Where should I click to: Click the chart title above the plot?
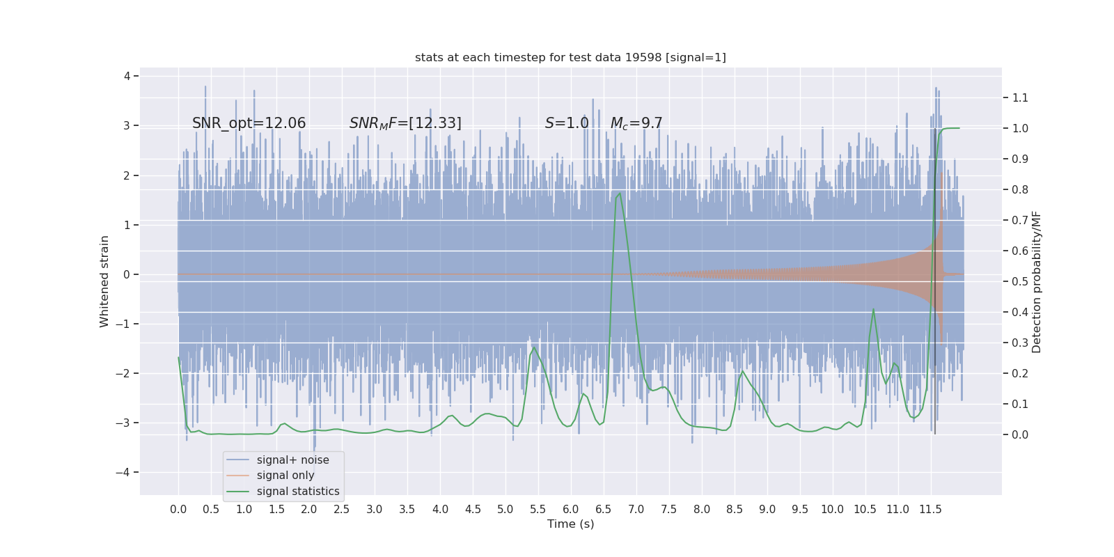point(570,58)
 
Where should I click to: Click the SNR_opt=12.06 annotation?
point(249,123)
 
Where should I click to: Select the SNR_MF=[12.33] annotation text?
point(405,123)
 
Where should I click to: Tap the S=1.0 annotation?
point(567,123)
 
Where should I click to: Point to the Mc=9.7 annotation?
point(636,123)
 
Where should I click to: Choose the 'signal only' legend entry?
point(285,476)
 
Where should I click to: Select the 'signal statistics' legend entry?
point(298,492)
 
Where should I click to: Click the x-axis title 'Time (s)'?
point(570,524)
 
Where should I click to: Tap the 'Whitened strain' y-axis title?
point(104,281)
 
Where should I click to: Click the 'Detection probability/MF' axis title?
point(1037,281)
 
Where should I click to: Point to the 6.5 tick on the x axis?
point(603,510)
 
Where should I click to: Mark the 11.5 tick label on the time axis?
point(930,510)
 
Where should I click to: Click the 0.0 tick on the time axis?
point(178,510)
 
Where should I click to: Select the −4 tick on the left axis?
point(125,473)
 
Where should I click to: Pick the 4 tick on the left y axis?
point(127,76)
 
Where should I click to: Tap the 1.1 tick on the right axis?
point(1020,98)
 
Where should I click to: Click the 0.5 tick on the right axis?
point(1020,281)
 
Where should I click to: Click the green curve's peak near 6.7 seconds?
point(619,194)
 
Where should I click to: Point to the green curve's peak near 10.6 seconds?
point(873,309)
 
